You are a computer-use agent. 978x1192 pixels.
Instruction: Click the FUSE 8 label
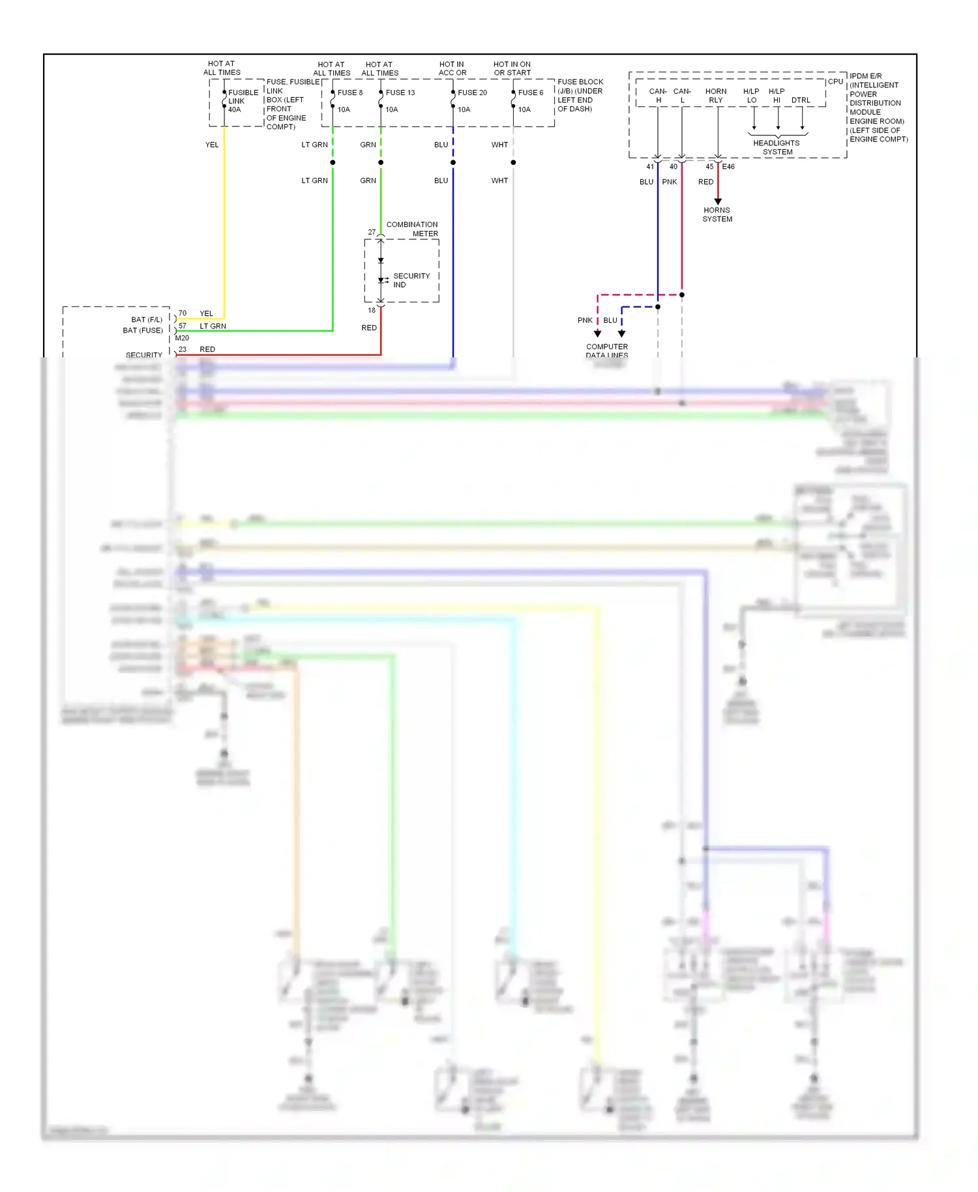[349, 93]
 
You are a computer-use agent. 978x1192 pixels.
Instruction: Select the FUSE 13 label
[400, 93]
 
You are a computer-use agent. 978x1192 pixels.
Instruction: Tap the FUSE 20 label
[472, 93]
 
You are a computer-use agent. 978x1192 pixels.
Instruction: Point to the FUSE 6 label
[530, 93]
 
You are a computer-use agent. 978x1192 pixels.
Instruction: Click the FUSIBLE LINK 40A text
[243, 101]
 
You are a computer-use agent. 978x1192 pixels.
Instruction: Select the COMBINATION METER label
[412, 229]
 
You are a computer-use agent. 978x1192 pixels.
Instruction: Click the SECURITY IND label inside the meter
[411, 280]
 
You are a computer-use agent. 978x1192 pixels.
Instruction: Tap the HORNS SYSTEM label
[717, 215]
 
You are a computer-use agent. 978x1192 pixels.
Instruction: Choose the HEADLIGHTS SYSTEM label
[777, 147]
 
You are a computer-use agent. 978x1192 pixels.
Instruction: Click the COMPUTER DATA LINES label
[607, 351]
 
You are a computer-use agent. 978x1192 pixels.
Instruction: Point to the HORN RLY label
[716, 96]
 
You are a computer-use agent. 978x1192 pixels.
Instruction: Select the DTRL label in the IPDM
[801, 100]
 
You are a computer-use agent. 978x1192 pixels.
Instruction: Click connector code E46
[728, 167]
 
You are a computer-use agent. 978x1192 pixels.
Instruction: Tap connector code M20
[182, 338]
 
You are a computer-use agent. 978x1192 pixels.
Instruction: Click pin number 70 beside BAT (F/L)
[183, 314]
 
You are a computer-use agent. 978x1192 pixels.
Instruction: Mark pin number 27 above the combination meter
[372, 232]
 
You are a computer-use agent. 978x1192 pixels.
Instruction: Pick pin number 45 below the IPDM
[709, 167]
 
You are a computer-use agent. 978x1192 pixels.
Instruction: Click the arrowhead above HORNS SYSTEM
[718, 201]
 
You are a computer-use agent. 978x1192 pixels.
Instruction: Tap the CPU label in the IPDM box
[835, 82]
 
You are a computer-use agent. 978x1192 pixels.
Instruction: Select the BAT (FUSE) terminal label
[143, 331]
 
